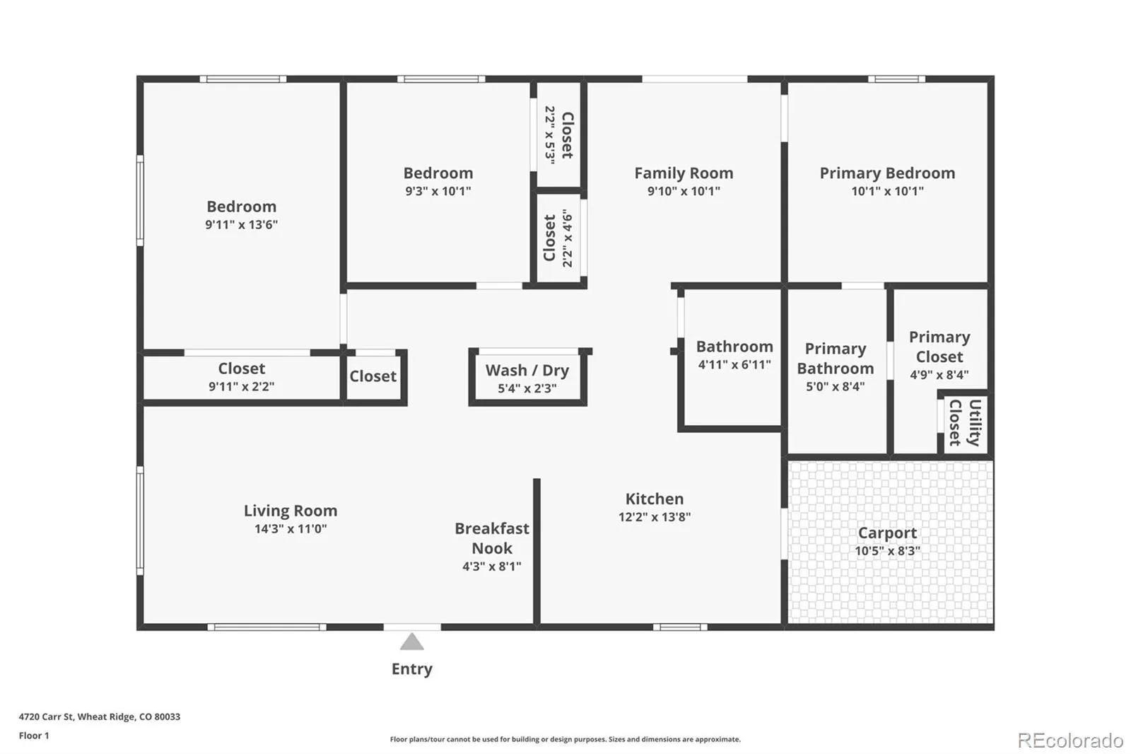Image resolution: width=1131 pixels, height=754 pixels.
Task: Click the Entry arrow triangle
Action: pyautogui.click(x=412, y=642)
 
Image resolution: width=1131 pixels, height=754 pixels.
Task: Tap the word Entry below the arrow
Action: pyautogui.click(x=412, y=669)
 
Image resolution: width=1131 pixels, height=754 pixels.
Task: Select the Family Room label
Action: pyautogui.click(x=684, y=173)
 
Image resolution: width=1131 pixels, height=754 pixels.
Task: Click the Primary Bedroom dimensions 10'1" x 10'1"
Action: pyautogui.click(x=887, y=191)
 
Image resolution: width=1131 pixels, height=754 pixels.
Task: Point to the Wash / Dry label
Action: pyautogui.click(x=527, y=371)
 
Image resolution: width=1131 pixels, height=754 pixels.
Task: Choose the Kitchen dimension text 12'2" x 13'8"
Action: pyautogui.click(x=655, y=517)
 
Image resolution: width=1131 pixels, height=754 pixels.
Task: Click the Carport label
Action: pyautogui.click(x=887, y=533)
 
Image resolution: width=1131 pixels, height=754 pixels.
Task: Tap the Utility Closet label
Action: pyautogui.click(x=965, y=423)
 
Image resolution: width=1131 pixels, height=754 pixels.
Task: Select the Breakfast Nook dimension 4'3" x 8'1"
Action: pyautogui.click(x=492, y=567)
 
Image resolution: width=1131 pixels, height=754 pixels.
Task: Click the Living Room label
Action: pyautogui.click(x=291, y=511)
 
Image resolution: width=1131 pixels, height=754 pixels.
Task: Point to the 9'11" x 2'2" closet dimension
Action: pyautogui.click(x=241, y=387)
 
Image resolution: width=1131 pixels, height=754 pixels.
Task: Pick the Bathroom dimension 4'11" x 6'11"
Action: pyautogui.click(x=734, y=365)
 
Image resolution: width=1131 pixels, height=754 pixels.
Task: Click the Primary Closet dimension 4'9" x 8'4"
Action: pyautogui.click(x=939, y=375)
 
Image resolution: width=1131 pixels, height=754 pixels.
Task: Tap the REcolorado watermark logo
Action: pyautogui.click(x=1070, y=741)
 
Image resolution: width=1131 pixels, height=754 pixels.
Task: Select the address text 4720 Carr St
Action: pyautogui.click(x=46, y=717)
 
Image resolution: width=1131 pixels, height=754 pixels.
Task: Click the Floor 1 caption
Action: pyautogui.click(x=34, y=736)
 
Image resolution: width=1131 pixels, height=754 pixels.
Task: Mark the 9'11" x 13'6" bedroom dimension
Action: pyautogui.click(x=241, y=225)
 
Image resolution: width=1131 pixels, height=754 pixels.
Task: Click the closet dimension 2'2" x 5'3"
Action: pyautogui.click(x=550, y=134)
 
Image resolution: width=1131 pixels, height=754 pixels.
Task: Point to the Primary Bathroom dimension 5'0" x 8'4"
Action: pyautogui.click(x=835, y=387)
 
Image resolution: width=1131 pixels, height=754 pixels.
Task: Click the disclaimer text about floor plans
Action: pyautogui.click(x=565, y=739)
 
